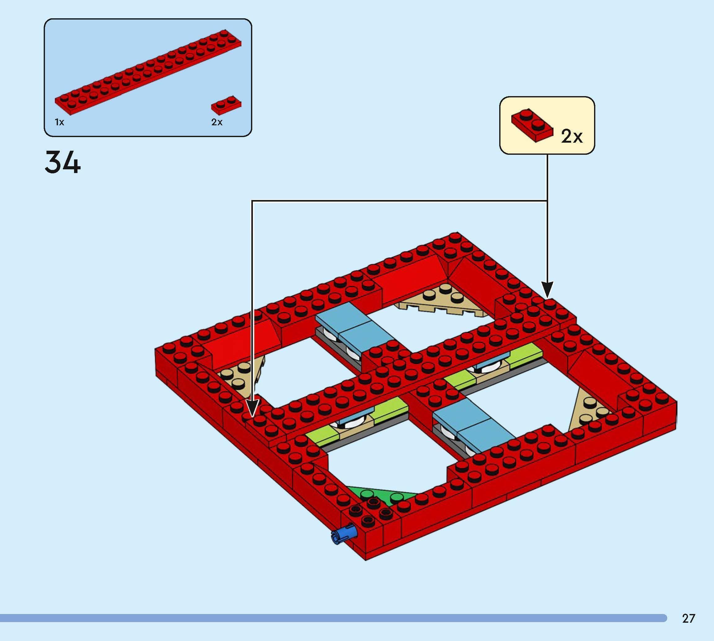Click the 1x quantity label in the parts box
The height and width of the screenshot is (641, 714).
coord(59,122)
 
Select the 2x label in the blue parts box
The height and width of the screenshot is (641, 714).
coord(217,122)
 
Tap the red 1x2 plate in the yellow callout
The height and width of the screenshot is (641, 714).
coord(532,125)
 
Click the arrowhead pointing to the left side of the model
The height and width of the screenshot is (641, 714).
coord(252,408)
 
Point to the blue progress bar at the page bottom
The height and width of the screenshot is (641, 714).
coord(331,618)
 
